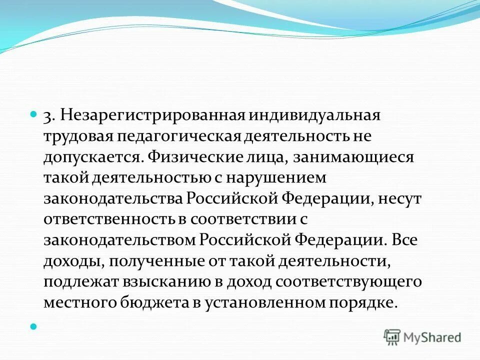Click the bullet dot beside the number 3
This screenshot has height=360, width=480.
[x=33, y=114]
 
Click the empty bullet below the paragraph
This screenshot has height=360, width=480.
[x=33, y=326]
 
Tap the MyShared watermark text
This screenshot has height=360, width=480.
[x=432, y=337]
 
